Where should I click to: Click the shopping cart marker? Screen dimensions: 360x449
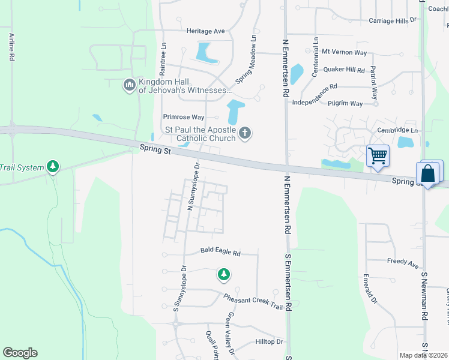click(x=378, y=156)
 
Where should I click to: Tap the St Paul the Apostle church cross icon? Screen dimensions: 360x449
click(x=244, y=133)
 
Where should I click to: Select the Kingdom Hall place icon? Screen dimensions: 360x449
click(x=129, y=86)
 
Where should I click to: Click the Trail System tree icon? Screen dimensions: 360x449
click(x=53, y=166)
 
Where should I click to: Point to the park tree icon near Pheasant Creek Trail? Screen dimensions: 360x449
click(x=223, y=275)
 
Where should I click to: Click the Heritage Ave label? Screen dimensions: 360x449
click(x=205, y=31)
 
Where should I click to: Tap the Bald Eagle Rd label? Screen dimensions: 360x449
click(x=220, y=253)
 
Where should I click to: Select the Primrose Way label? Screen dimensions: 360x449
click(x=184, y=117)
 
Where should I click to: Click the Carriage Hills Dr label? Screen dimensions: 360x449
click(x=393, y=20)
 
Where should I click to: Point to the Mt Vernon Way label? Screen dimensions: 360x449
click(x=343, y=52)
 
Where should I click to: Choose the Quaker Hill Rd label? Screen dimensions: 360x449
click(x=344, y=70)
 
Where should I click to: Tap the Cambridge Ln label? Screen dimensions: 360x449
click(x=397, y=130)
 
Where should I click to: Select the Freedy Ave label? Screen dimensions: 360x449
click(x=403, y=263)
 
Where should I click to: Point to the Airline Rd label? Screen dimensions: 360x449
click(x=11, y=47)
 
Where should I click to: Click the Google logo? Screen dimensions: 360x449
click(x=20, y=353)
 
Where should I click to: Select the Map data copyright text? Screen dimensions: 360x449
click(x=423, y=355)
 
